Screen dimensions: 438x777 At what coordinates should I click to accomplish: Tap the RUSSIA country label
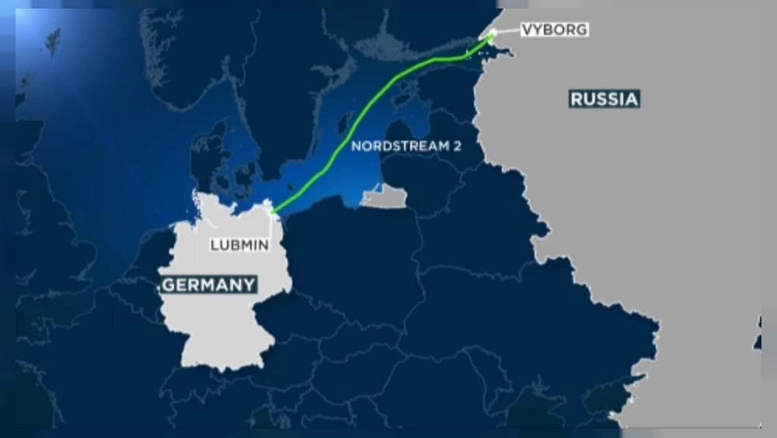point(604,99)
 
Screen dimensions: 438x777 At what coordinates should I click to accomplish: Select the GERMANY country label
point(208,285)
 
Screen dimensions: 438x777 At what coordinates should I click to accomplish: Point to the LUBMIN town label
point(239,244)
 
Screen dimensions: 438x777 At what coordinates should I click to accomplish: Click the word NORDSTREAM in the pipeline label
point(392,145)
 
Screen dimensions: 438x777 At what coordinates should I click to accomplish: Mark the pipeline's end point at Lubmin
point(273,211)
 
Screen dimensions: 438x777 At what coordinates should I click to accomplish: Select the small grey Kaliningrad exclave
point(384,199)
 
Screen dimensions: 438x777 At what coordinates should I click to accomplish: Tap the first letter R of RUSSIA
point(577,99)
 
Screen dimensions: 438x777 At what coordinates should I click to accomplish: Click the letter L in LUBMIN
point(214,244)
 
